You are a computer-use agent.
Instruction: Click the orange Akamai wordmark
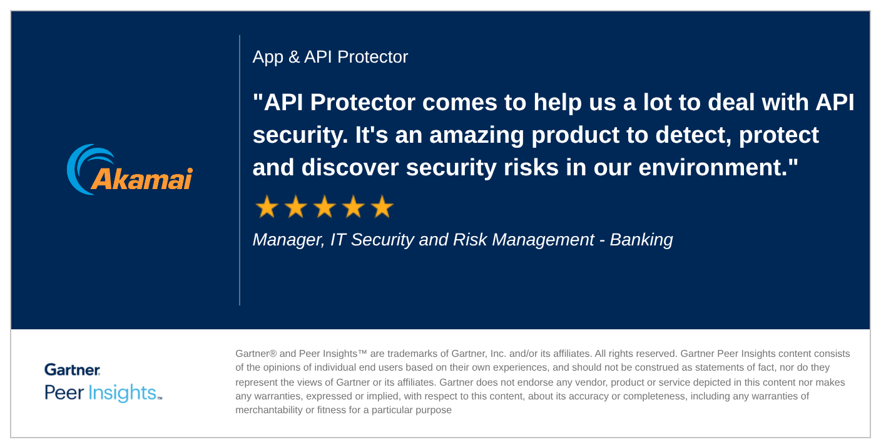[142, 179]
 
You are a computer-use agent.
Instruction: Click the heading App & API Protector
[330, 57]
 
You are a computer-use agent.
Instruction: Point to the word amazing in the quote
[477, 136]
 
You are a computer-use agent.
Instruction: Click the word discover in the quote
[350, 168]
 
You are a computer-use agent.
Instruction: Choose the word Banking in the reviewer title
[641, 240]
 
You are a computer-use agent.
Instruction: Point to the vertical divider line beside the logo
[240, 170]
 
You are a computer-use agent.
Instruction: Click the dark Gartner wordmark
[73, 369]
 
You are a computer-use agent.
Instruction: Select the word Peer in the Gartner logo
[64, 393]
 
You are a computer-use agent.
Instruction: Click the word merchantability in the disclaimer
[269, 410]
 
